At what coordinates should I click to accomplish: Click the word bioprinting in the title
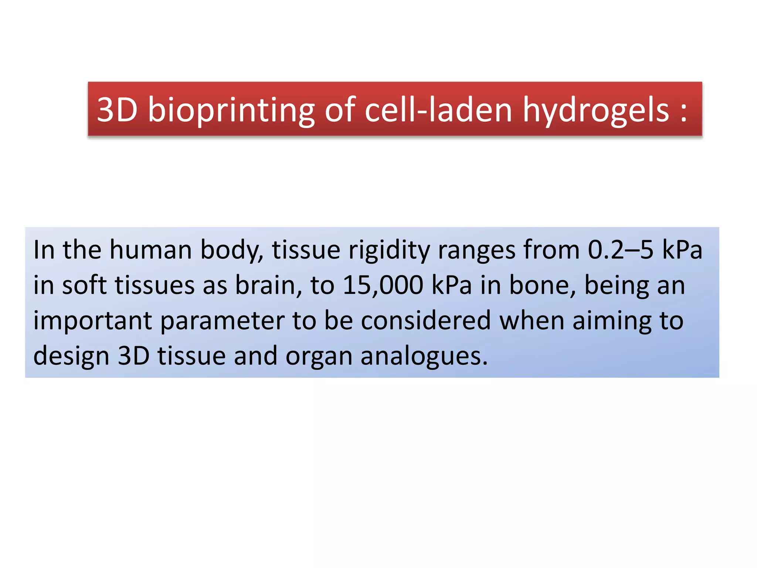[231, 110]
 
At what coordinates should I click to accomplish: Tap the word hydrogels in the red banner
[595, 110]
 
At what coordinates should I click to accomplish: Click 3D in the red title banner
[117, 110]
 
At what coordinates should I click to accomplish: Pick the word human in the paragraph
[150, 250]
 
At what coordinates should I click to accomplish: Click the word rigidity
[389, 250]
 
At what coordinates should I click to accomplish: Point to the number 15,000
[383, 285]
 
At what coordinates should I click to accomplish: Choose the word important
[92, 321]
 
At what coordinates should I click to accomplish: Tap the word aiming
[612, 321]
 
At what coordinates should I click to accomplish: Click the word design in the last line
[71, 356]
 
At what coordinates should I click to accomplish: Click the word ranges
[476, 250]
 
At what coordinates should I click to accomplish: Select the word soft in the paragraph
[84, 285]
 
